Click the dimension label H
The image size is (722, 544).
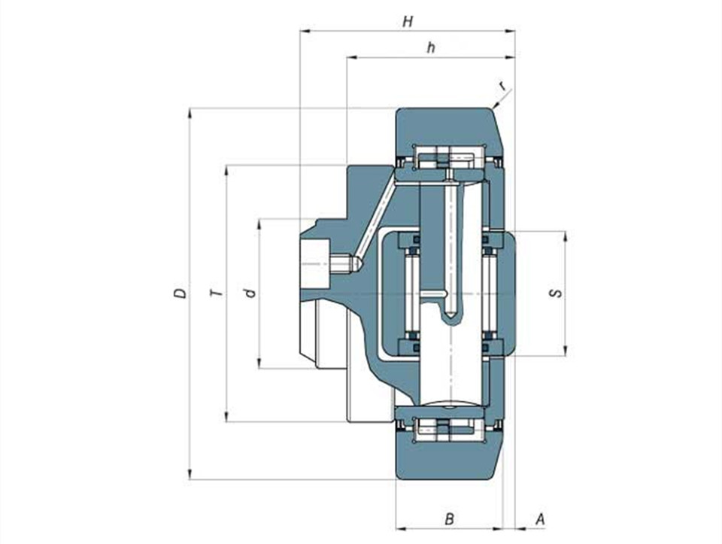coord(408,22)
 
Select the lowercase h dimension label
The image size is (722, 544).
coord(431,47)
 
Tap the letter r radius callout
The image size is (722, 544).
coord(503,85)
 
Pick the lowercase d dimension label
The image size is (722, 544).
coord(250,293)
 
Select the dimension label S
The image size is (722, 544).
coord(557,293)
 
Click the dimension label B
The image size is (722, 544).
coord(450,519)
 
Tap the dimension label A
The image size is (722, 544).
coord(540,519)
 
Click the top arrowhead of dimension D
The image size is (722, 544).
coord(190,113)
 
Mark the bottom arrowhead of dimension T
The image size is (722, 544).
coord(226,417)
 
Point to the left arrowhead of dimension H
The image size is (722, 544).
coord(305,32)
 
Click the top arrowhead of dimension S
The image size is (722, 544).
coord(566,236)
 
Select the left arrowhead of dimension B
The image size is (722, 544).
coord(402,529)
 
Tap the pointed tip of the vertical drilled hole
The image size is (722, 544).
coord(450,318)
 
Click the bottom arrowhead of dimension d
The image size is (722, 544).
coord(259,363)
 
